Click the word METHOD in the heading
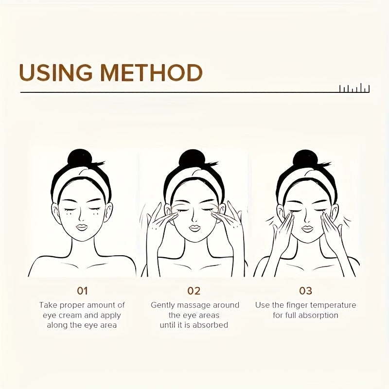152,72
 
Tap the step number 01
82,291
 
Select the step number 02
194,291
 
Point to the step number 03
305,291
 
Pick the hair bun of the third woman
305,159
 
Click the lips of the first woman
82,227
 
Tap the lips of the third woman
308,229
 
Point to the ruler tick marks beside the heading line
354,89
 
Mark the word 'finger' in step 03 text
297,305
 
